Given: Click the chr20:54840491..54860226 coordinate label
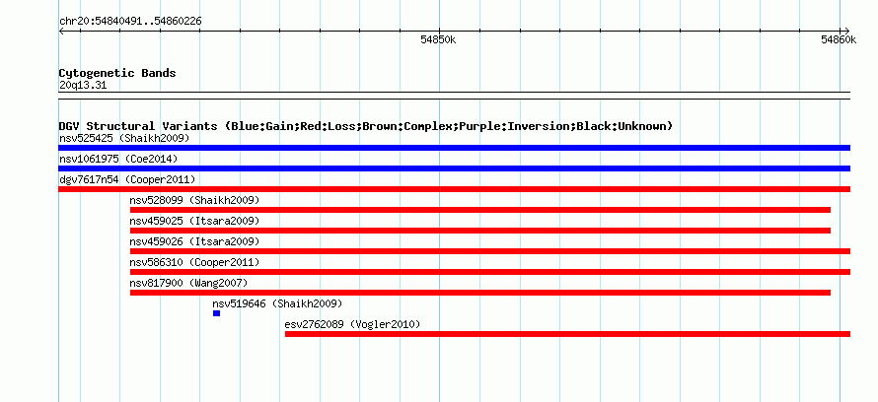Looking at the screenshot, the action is [x=130, y=22].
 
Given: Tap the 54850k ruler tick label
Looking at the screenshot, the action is [x=438, y=39].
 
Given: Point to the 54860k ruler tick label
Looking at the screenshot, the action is [x=839, y=39].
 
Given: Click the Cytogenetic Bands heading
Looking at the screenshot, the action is [x=117, y=73].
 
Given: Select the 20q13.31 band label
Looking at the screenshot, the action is [x=83, y=86].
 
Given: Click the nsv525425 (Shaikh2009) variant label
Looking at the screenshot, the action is [x=124, y=138].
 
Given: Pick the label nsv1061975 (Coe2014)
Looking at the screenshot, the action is [x=118, y=159].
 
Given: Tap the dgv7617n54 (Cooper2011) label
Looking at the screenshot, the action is [x=127, y=179].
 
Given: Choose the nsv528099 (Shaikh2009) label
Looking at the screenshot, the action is [x=195, y=200].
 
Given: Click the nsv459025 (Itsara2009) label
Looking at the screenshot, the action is [x=195, y=221].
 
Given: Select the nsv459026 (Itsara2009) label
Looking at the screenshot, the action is [x=195, y=241].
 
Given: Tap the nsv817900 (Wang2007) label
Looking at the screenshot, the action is [x=188, y=283].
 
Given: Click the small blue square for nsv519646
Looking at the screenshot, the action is [x=216, y=313].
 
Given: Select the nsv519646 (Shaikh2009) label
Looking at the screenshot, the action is [x=277, y=303].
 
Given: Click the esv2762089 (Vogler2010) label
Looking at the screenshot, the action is [x=352, y=324].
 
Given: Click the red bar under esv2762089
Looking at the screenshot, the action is [x=567, y=334].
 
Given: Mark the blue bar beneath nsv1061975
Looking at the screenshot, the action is [x=454, y=168].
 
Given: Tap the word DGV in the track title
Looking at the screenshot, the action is [x=69, y=126].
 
